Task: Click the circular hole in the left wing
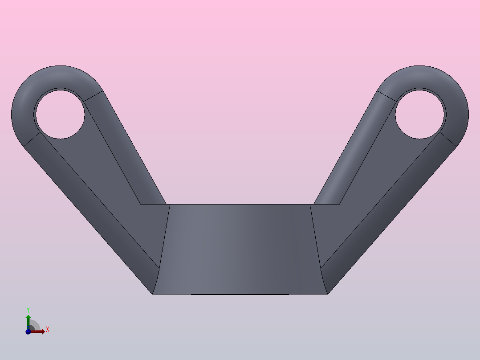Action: (60, 114)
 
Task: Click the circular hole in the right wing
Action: (420, 114)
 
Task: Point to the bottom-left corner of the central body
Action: (153, 294)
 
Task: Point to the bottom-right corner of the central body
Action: (327, 294)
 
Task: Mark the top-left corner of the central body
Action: (170, 205)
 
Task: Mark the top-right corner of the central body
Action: (310, 205)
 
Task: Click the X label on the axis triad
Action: (47, 330)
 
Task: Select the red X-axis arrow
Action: (39, 331)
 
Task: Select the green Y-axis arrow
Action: (28, 320)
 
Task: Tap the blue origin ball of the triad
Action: (28, 331)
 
